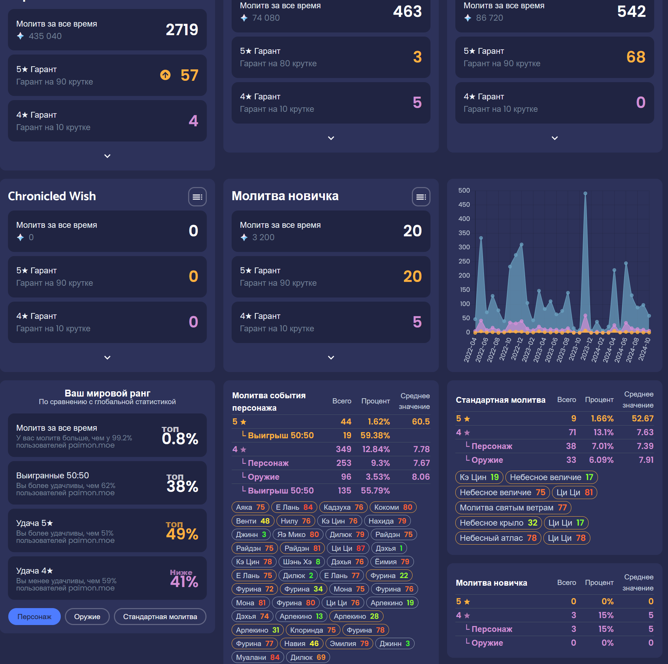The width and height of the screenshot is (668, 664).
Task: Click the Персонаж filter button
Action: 34,616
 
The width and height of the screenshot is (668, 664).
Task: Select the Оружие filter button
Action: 87,616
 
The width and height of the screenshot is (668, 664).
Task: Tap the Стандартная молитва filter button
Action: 160,616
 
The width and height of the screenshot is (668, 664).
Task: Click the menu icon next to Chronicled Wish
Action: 197,197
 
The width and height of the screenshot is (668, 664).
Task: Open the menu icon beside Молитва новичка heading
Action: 421,197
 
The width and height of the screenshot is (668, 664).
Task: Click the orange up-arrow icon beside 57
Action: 165,75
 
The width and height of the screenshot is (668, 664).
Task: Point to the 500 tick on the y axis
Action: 464,191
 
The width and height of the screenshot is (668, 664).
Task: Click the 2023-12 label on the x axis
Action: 586,350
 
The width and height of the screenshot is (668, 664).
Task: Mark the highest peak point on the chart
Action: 585,194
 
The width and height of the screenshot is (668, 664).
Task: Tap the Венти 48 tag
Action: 252,520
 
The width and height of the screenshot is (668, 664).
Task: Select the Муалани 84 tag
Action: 257,657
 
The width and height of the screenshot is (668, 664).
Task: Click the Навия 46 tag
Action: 301,643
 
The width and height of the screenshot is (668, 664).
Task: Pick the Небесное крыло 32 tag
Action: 498,523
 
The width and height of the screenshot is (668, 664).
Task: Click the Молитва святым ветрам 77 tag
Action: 513,507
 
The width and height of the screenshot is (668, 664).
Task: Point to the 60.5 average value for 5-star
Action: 420,421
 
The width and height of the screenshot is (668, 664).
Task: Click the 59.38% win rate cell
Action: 375,435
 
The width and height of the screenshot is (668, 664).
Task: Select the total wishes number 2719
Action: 182,30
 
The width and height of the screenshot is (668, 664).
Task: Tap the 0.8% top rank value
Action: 180,438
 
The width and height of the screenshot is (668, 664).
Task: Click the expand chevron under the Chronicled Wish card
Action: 107,358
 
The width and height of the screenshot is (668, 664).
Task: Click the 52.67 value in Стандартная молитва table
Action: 642,418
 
